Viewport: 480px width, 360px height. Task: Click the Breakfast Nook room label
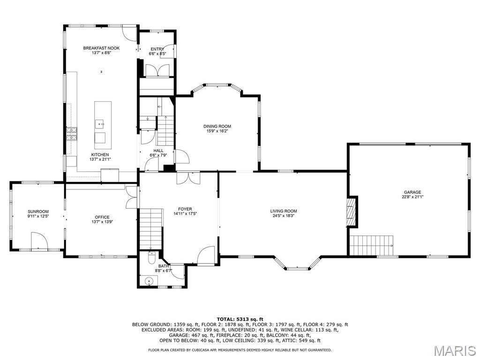coord(101,48)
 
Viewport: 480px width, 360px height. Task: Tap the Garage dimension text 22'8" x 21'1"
coord(412,197)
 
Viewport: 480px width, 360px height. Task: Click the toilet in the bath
coord(151,257)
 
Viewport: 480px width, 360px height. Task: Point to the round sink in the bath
coord(149,281)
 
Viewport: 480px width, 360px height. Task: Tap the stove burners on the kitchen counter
coord(71,134)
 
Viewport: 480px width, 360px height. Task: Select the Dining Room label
coord(217,126)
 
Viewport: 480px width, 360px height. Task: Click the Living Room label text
coord(283,211)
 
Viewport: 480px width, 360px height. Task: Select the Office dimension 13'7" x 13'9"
coord(102,222)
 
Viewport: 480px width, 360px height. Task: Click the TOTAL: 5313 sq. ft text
coord(240,319)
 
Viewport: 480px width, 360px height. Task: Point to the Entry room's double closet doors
coord(157,71)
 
